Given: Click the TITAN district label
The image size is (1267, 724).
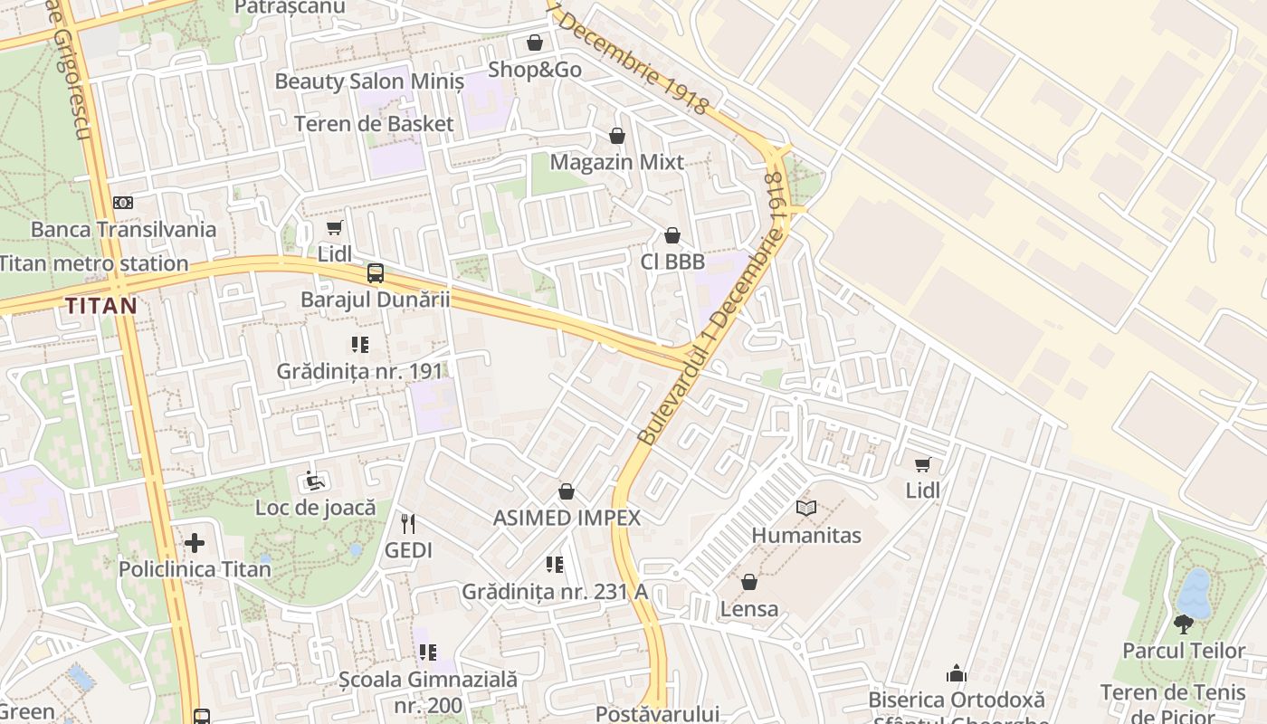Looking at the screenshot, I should point(100,306).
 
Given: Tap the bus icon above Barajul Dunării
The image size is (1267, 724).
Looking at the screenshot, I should point(375,272).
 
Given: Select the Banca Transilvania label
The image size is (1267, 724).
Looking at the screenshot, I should point(124,229).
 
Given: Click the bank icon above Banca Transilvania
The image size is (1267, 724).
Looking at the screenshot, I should point(123,203).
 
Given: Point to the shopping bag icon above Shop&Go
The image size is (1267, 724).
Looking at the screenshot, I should point(535,43).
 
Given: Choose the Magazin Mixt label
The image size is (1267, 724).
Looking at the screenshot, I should point(617,162).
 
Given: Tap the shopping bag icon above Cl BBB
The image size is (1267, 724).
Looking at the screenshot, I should point(672,235).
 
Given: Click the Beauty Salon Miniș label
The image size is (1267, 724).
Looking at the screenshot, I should point(369,81).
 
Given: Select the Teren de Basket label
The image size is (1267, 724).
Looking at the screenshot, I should point(374,123).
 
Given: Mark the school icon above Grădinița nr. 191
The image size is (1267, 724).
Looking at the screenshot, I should point(360,345).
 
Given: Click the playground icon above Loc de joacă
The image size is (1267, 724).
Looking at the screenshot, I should point(315,481).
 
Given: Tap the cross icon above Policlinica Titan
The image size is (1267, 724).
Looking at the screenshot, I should point(195,543).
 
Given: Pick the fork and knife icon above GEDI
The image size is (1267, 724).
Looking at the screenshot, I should point(408,523).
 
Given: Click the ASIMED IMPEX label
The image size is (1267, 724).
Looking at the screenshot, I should point(567,518).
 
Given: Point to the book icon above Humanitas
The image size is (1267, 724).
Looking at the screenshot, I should point(806,509).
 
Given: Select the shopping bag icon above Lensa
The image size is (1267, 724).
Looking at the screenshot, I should point(749,582).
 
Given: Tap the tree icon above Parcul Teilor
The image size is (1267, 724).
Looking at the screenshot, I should point(1184,624).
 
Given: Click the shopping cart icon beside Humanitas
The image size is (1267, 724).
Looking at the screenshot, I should point(923,464).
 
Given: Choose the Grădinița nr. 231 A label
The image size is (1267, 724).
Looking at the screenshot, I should point(555,592).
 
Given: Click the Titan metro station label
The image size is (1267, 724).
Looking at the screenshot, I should point(94,264).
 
